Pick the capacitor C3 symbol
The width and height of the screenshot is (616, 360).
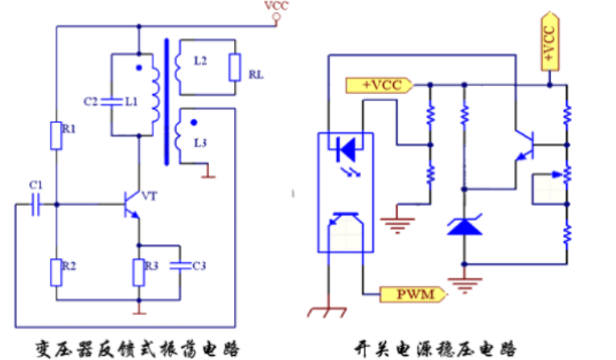click(x=179, y=265)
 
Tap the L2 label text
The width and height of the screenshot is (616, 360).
click(x=201, y=61)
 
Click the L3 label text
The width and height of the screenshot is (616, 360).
click(x=200, y=141)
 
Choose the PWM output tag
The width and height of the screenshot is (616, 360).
click(x=414, y=294)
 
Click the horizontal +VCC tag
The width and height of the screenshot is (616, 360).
click(x=378, y=84)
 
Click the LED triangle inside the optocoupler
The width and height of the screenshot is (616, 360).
click(x=348, y=148)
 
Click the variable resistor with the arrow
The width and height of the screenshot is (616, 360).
click(x=566, y=174)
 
